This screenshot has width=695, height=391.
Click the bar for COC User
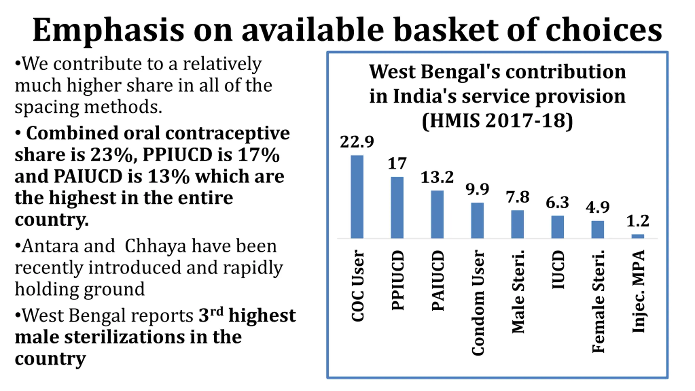click(357, 197)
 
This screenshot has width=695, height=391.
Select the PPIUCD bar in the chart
click(397, 208)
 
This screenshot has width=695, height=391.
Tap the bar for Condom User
click(477, 220)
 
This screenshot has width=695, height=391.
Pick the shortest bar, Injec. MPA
click(638, 236)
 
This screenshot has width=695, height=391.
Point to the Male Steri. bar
click(517, 224)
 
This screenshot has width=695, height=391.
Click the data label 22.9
click(357, 142)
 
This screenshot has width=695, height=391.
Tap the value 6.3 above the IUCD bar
click(557, 202)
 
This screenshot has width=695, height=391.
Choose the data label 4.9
click(598, 208)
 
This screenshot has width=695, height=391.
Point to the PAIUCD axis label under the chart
click(438, 280)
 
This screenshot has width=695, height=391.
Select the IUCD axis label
click(558, 270)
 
